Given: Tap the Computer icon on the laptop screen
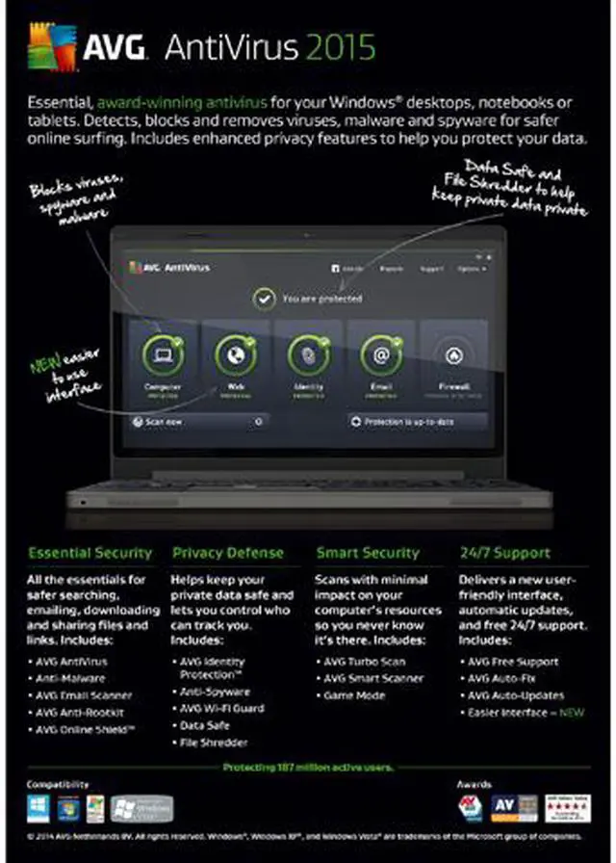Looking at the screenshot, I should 163,354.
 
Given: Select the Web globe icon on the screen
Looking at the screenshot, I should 236,354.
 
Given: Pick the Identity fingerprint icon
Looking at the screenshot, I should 308,354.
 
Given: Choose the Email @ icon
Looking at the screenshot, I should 381,354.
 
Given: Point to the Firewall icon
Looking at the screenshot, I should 454,355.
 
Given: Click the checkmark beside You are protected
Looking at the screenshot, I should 264,299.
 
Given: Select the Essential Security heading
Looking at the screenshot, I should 90,553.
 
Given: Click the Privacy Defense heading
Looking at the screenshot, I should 228,553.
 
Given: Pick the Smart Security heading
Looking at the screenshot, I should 368,553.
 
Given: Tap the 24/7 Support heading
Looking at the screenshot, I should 505,553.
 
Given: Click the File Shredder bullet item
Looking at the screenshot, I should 215,743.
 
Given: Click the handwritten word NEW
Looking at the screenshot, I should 44,366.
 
